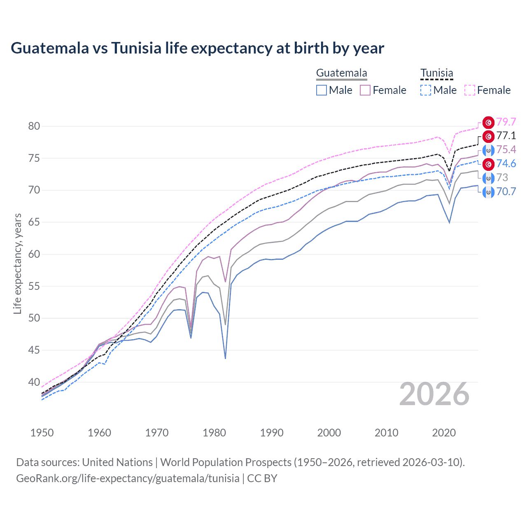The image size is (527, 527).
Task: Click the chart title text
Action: click(x=197, y=48)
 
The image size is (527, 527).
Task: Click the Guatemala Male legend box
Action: click(x=322, y=90)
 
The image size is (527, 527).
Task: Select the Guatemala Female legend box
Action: click(x=365, y=90)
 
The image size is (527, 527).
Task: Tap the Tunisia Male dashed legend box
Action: click(x=426, y=90)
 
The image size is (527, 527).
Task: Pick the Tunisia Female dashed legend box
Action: click(x=470, y=90)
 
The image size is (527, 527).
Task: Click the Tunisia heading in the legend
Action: click(x=436, y=73)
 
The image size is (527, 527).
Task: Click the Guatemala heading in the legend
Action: click(x=341, y=73)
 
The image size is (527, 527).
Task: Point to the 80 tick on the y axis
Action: click(x=34, y=126)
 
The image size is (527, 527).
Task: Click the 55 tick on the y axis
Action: click(x=34, y=286)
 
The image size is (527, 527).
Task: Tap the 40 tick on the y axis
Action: click(x=34, y=382)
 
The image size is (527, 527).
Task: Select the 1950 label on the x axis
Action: click(x=42, y=433)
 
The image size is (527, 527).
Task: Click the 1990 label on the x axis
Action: click(x=272, y=433)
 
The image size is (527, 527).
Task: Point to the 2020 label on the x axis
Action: click(x=444, y=433)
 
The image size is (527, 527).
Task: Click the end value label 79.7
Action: click(x=506, y=122)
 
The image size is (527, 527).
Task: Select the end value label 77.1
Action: click(x=506, y=136)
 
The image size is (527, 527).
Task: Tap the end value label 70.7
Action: click(x=506, y=191)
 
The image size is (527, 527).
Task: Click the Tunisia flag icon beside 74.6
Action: click(x=488, y=164)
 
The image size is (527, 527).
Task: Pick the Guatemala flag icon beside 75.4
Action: click(x=488, y=150)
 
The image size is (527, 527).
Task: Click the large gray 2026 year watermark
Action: click(x=434, y=394)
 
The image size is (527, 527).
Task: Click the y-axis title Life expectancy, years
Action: click(x=18, y=263)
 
